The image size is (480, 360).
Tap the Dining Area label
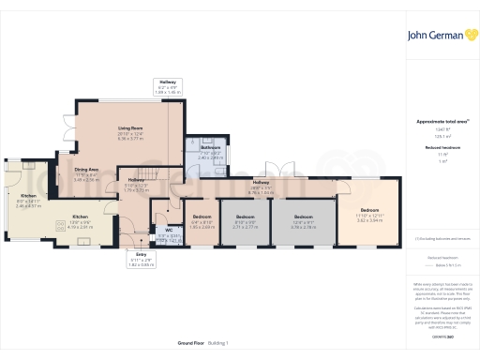[86, 172]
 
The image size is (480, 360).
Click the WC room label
[168, 231]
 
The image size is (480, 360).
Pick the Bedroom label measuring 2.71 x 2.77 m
[245, 220]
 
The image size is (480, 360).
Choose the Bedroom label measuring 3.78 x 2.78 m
[302, 220]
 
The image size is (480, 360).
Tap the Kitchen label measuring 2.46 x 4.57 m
[28, 199]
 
